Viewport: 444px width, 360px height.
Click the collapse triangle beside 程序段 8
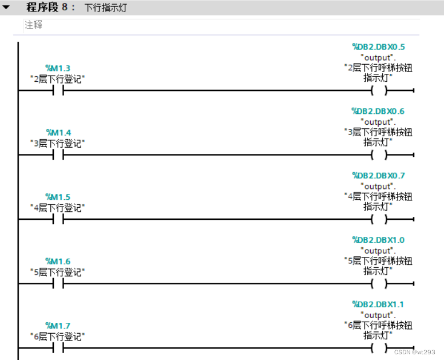tap(6, 8)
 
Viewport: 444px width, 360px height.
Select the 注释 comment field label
tap(33, 25)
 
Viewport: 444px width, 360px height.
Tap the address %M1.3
tap(58, 69)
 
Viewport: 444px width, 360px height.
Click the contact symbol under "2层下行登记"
tap(58, 90)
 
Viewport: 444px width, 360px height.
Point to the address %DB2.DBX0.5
tap(378, 47)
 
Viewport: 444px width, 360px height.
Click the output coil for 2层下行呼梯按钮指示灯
tap(378, 90)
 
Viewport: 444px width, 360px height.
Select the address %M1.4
tap(58, 133)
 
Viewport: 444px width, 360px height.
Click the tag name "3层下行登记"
tap(57, 143)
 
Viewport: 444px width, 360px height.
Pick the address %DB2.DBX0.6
tap(378, 111)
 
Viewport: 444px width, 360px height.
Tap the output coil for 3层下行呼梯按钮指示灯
tap(378, 155)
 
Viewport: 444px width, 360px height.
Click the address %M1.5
tap(58, 197)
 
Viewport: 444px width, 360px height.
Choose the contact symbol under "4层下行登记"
tap(58, 219)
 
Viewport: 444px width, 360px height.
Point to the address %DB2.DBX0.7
tap(378, 175)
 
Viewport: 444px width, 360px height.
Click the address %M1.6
tap(58, 262)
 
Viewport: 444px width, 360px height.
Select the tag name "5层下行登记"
tap(57, 272)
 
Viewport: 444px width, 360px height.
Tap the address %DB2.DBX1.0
tap(378, 240)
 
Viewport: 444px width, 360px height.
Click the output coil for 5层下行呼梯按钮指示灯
tap(378, 283)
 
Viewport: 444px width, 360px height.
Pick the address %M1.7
tap(58, 326)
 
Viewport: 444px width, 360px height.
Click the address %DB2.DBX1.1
tap(378, 304)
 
